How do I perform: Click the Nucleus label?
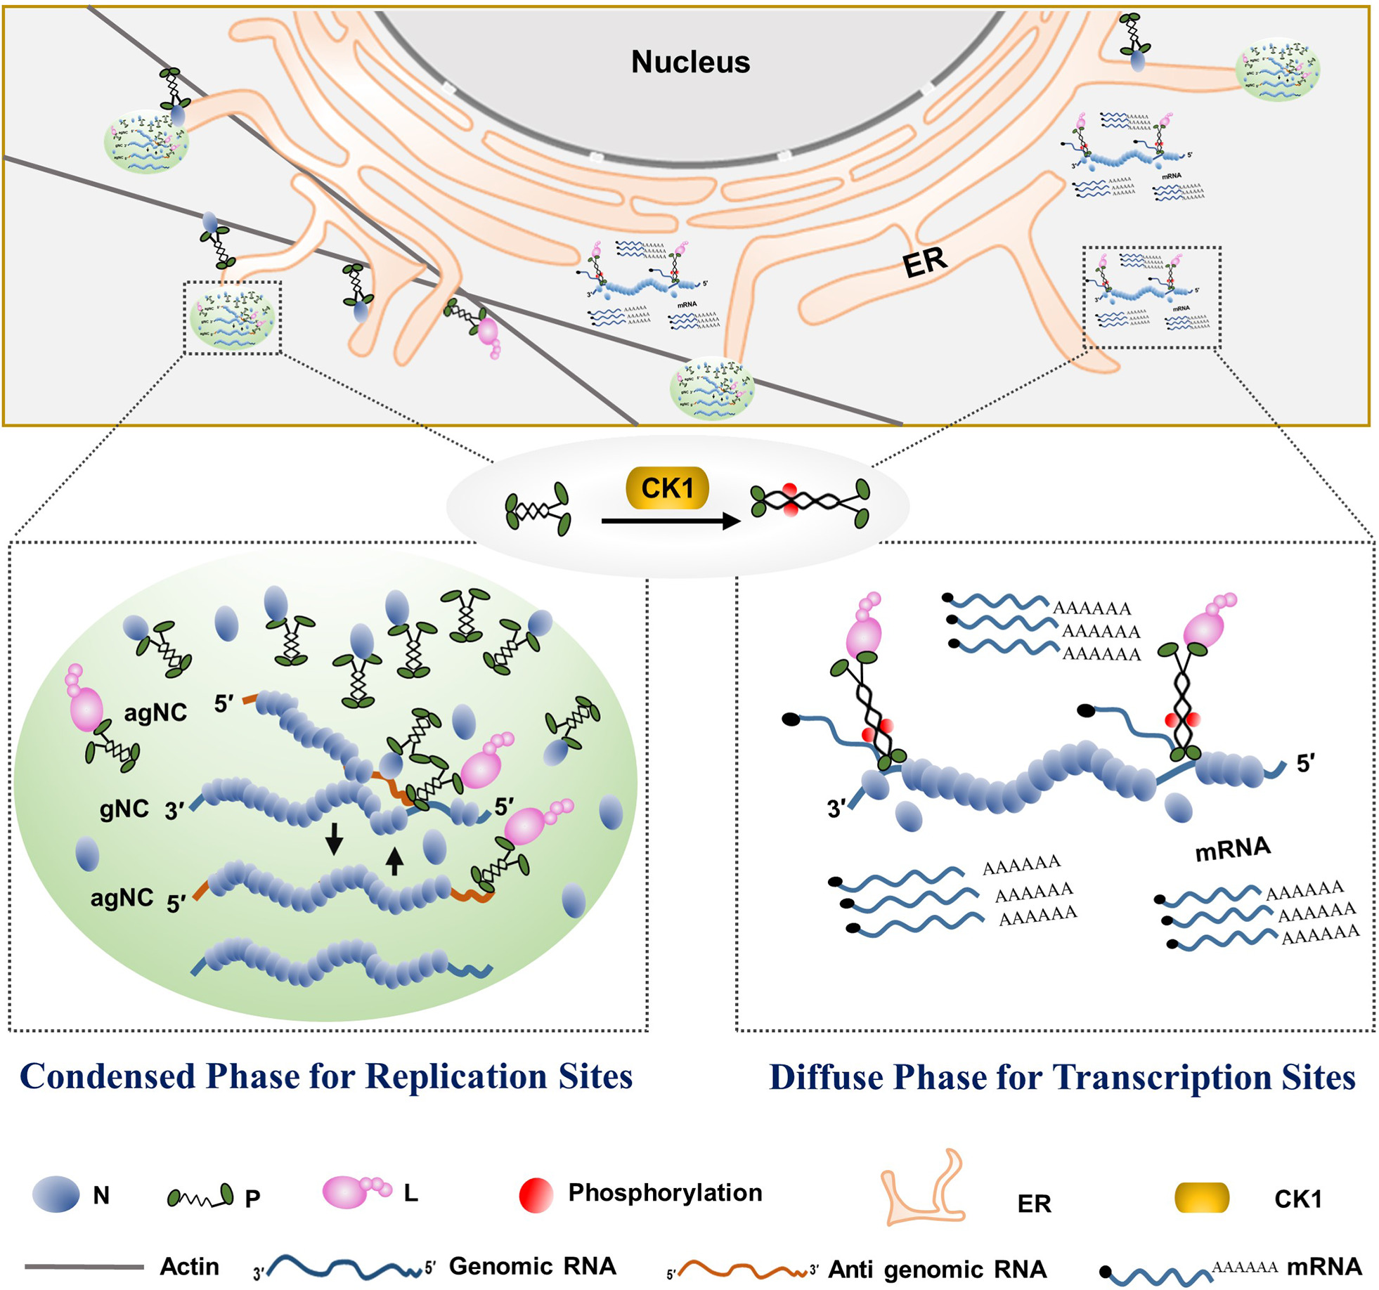690,62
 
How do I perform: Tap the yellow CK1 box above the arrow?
667,488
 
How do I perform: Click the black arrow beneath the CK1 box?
671,521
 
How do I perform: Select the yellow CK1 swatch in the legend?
1201,1198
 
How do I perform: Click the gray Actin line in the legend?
84,1267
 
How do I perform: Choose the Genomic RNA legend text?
532,1265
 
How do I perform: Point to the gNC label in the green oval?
124,809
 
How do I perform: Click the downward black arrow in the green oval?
334,838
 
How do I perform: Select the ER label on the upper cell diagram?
925,262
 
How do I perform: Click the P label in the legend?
252,1198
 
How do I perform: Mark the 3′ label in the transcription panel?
836,809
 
